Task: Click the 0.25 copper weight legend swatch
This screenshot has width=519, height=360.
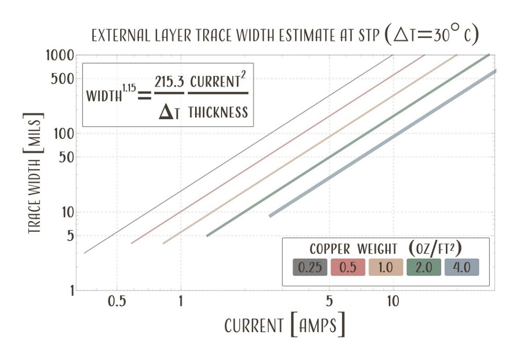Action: click(310, 267)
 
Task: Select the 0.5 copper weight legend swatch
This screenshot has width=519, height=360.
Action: click(348, 267)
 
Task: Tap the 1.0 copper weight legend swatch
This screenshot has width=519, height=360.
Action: click(386, 267)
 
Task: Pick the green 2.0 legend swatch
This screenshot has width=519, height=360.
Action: click(424, 267)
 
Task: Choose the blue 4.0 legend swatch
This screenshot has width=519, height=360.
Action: click(461, 267)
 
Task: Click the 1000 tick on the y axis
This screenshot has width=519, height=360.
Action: click(61, 55)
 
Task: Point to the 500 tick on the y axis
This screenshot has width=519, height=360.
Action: click(64, 79)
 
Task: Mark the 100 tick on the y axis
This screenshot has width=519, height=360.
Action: click(64, 134)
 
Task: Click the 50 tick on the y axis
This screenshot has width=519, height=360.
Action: click(67, 158)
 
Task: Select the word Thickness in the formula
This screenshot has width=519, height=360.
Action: click(218, 112)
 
